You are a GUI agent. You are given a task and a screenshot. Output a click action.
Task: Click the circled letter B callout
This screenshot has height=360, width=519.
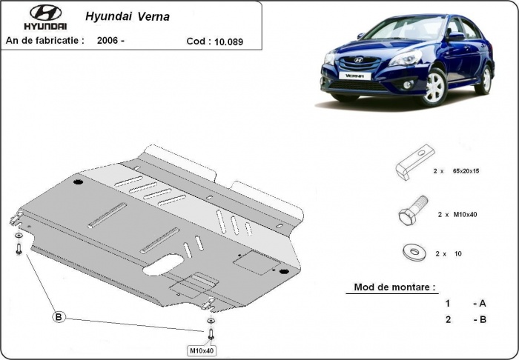tap(59, 318)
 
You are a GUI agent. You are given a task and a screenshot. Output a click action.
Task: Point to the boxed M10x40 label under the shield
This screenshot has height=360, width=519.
tap(201, 350)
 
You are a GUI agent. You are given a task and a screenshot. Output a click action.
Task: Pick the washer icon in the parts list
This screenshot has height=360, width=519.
tap(411, 253)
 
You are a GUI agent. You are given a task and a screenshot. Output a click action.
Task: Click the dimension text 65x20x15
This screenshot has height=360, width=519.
tap(466, 170)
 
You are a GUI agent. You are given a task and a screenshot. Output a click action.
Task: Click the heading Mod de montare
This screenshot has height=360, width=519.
tap(395, 287)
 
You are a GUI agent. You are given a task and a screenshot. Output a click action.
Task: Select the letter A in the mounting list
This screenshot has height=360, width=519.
tap(483, 304)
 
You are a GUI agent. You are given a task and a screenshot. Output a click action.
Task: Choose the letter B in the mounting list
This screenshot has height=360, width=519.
tap(483, 320)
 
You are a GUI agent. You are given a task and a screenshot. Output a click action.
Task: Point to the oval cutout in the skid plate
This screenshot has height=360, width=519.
tap(173, 264)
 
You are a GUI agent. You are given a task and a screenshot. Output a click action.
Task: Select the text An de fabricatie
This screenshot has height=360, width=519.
tap(44, 41)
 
